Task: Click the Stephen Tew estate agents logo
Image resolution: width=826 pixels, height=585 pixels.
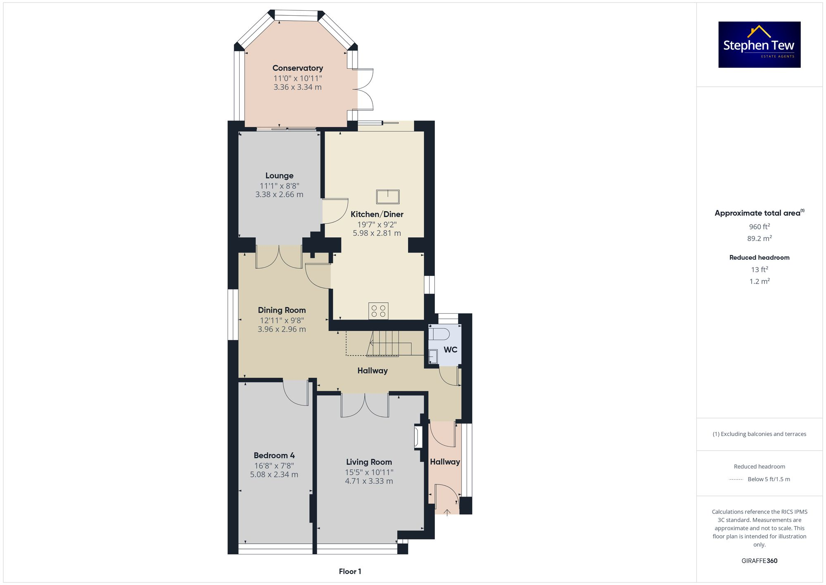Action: click(x=759, y=45)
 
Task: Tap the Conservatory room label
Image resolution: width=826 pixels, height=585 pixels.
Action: click(x=297, y=68)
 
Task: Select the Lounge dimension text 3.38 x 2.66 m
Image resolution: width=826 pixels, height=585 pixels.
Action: click(x=279, y=194)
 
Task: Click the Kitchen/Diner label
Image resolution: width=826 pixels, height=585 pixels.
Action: click(x=377, y=214)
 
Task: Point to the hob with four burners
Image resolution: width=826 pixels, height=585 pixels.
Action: click(x=378, y=311)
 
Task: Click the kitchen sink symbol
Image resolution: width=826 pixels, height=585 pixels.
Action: click(x=387, y=197)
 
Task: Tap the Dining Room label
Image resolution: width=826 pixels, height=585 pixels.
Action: click(x=282, y=310)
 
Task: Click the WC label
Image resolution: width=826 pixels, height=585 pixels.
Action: click(x=450, y=350)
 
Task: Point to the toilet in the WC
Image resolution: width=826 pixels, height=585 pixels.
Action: click(x=438, y=334)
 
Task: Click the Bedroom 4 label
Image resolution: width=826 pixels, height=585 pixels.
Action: click(x=274, y=455)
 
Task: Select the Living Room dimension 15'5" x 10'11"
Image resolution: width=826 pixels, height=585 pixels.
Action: click(x=369, y=472)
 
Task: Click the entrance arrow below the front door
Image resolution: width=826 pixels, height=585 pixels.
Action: click(x=447, y=513)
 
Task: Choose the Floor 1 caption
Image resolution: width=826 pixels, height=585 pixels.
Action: click(x=350, y=571)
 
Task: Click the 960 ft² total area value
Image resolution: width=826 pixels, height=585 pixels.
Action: click(x=759, y=227)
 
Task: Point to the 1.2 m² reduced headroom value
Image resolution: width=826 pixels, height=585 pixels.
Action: click(x=759, y=282)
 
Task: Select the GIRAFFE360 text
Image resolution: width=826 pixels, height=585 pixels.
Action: click(x=759, y=561)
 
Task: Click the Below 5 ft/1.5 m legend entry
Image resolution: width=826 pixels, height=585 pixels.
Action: click(x=768, y=479)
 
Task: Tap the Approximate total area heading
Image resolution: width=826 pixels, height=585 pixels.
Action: click(x=758, y=213)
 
